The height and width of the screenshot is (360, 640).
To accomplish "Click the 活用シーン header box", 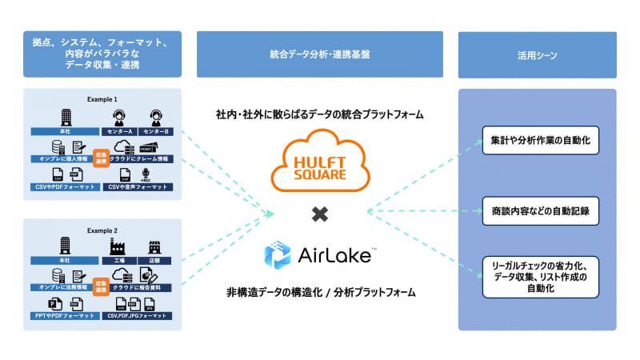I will [x=537, y=55].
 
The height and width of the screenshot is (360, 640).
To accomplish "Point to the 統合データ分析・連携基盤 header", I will [x=319, y=54].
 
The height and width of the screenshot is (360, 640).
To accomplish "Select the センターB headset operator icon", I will [x=155, y=117].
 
